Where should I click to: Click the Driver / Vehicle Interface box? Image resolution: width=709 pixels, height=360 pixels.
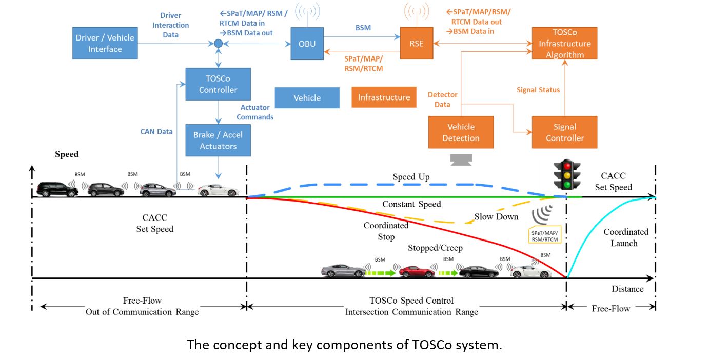tap(105, 44)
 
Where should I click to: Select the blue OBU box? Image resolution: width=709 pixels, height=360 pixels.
tap(307, 44)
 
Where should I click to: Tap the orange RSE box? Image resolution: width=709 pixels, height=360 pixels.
tap(417, 44)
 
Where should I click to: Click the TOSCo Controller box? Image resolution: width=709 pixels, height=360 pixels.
tap(218, 84)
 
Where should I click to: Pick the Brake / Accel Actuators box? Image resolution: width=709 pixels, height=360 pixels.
tap(218, 140)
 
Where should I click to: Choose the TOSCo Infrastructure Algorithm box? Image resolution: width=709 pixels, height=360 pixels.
tap(564, 44)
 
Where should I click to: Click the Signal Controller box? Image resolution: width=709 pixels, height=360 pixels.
tap(564, 132)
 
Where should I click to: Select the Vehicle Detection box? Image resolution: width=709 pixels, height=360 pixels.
tap(461, 132)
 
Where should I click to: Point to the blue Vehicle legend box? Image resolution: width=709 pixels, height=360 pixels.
tap(307, 97)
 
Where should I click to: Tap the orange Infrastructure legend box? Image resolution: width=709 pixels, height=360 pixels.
tap(384, 97)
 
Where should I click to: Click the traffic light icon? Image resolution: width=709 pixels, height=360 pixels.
tap(566, 175)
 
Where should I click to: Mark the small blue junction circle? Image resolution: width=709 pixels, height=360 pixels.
tap(219, 44)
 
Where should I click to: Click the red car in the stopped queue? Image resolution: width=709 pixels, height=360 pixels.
tap(417, 271)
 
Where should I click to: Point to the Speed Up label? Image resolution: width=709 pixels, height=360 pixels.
tap(411, 177)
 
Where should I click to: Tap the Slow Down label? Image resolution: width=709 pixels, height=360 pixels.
tap(496, 217)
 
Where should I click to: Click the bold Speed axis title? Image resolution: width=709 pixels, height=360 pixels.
tap(67, 154)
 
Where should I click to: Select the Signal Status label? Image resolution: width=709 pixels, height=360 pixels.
tap(538, 90)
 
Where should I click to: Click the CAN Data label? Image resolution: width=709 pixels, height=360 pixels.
tap(156, 132)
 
